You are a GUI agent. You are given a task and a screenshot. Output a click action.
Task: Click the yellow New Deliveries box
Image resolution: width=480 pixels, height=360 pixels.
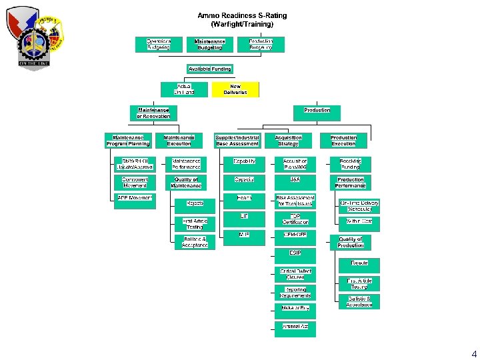235,89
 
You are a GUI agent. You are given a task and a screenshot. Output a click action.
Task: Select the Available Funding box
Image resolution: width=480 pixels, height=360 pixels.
209,69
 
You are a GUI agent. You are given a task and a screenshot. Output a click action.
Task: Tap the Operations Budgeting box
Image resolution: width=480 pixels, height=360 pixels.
159,44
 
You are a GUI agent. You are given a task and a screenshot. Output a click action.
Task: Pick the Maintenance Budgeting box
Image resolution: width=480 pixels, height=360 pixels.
210,44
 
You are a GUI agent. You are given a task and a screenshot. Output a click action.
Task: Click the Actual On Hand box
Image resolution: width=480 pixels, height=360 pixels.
184,89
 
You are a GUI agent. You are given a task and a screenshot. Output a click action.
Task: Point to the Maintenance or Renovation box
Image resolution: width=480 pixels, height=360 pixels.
153,113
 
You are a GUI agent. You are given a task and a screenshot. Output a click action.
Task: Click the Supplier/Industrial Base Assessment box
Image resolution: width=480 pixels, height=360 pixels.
237,140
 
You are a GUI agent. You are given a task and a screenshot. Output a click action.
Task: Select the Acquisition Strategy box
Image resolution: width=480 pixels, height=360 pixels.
288,140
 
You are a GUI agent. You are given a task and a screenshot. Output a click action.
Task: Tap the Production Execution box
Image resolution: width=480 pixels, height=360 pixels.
343,140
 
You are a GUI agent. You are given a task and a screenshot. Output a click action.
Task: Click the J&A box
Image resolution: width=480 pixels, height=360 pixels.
295,180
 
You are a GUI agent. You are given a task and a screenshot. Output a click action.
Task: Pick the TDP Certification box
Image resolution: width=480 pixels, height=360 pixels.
295,219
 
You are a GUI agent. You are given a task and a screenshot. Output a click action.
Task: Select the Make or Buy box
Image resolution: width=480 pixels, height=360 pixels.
295,308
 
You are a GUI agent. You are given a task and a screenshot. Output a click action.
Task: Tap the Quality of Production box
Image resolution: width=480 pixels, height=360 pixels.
351,242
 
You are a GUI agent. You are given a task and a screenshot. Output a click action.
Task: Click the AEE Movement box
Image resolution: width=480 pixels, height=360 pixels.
135,198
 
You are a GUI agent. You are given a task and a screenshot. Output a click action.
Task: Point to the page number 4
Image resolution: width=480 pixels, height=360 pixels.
473,353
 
